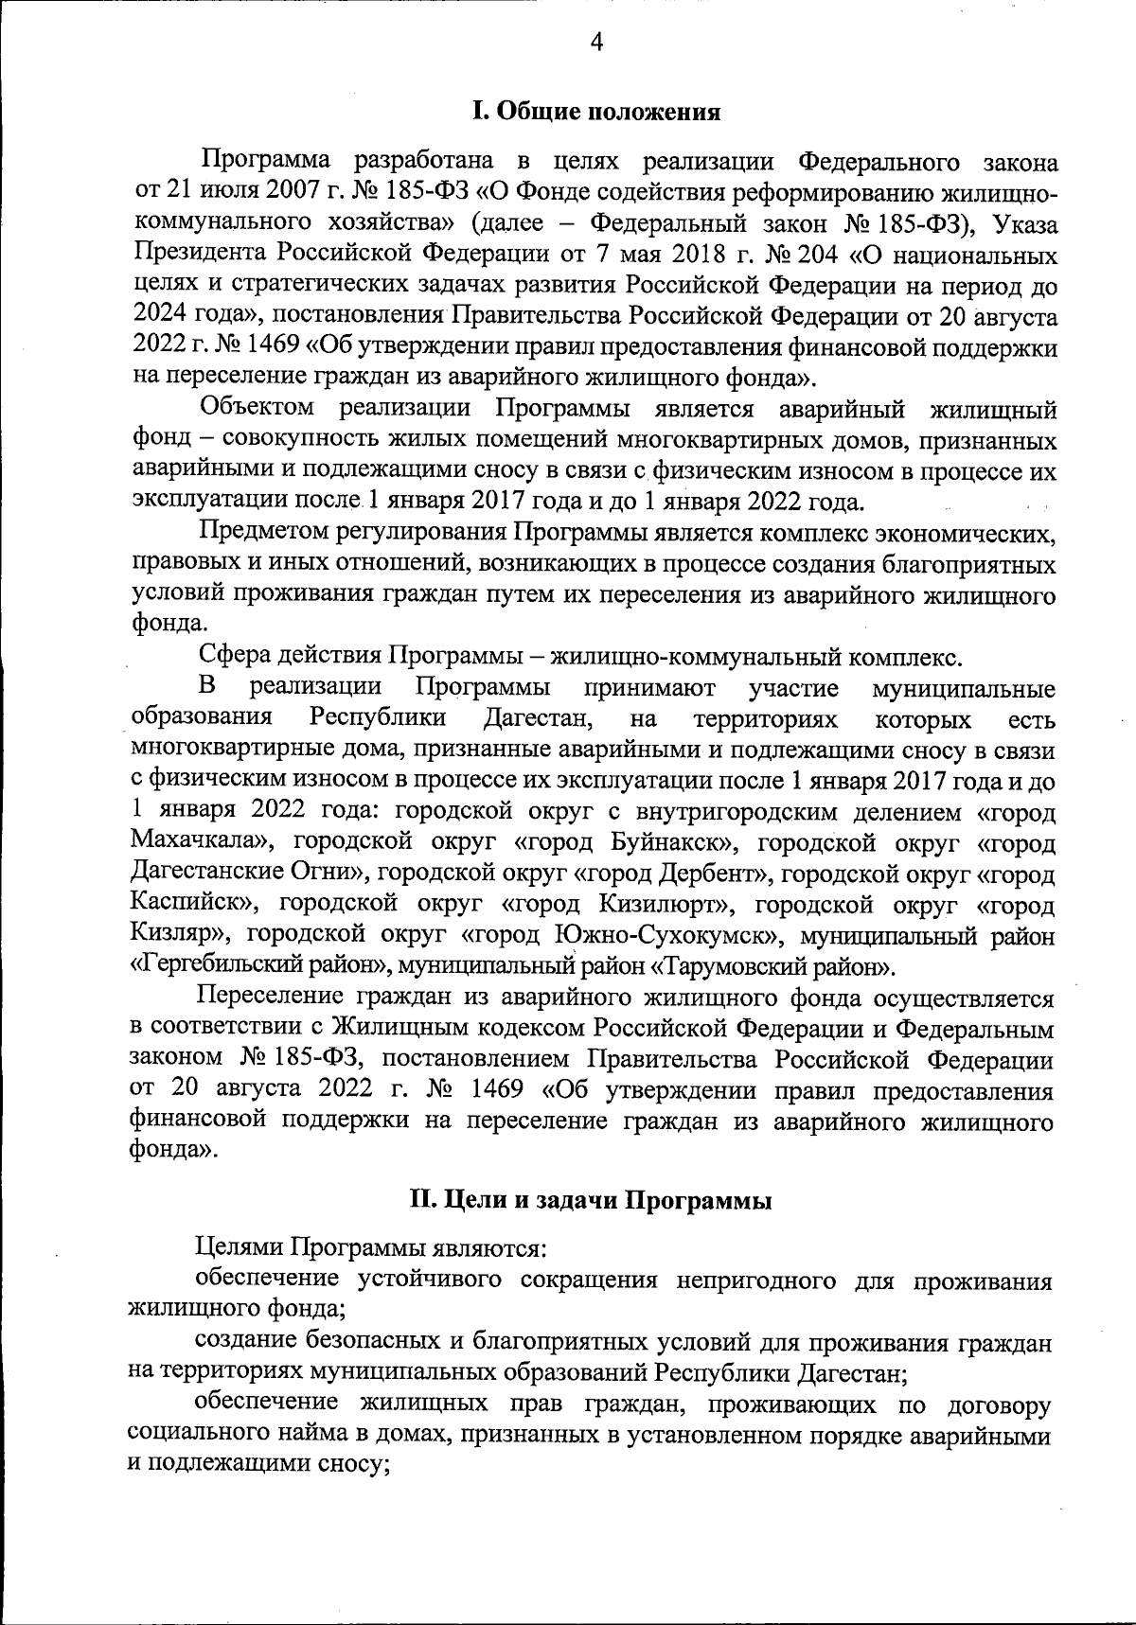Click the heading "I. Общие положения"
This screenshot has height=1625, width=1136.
tap(596, 112)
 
